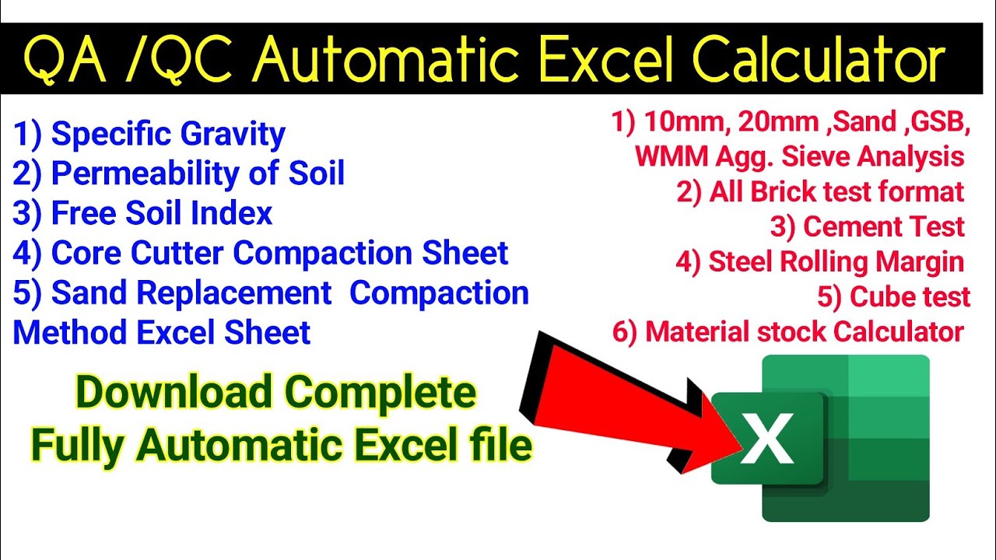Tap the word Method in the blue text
(71, 333)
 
